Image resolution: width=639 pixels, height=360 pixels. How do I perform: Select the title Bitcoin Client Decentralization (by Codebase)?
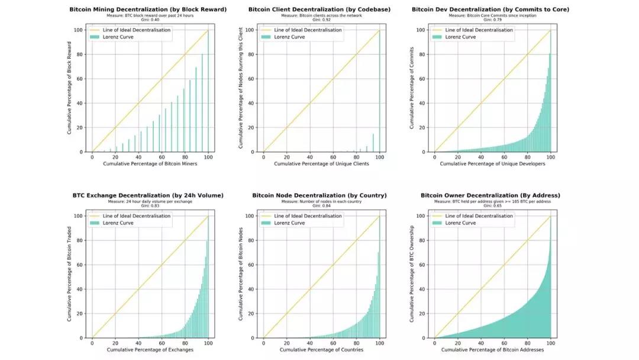pyautogui.click(x=321, y=9)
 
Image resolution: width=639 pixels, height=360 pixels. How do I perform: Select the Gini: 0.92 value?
pyautogui.click(x=321, y=20)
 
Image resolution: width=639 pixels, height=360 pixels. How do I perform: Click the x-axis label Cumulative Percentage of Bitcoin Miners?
pyautogui.click(x=150, y=164)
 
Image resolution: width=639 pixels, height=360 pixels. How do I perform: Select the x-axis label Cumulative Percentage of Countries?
pyautogui.click(x=321, y=350)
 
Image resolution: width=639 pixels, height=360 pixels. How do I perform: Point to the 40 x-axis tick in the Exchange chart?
pyautogui.click(x=138, y=342)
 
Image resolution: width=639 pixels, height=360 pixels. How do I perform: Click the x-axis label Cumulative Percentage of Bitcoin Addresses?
pyautogui.click(x=493, y=350)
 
